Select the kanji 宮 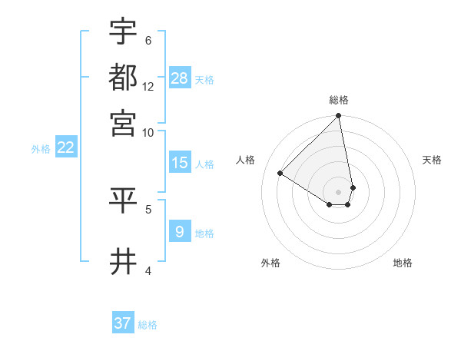[123, 122]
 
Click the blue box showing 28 [180, 78]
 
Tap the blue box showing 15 [180, 163]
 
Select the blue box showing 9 [180, 232]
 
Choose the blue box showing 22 [65, 148]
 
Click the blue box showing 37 [123, 323]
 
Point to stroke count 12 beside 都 [148, 86]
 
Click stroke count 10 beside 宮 [148, 132]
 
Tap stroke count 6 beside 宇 [148, 40]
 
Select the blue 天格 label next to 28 [204, 80]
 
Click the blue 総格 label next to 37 [148, 325]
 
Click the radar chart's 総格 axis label [339, 100]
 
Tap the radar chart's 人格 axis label [246, 160]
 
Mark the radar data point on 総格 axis [338, 117]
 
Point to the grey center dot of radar [338, 191]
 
